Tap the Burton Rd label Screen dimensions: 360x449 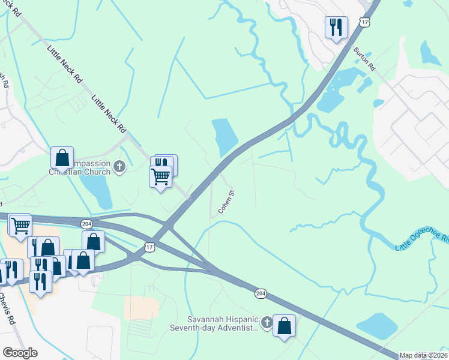pyautogui.click(x=364, y=58)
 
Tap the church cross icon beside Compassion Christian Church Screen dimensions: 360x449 pyautogui.click(x=119, y=166)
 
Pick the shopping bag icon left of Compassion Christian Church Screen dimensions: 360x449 pyautogui.click(x=62, y=158)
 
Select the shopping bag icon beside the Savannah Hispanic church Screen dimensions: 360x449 pyautogui.click(x=284, y=326)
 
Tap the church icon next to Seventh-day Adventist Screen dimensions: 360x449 pyautogui.click(x=265, y=324)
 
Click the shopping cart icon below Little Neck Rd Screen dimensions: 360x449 pyautogui.click(x=160, y=177)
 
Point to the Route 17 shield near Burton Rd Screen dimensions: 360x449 pyautogui.click(x=364, y=22)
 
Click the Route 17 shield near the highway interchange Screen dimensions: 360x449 pyautogui.click(x=149, y=247)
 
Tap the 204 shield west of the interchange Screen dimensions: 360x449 pyautogui.click(x=86, y=223)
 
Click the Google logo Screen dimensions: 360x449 pyautogui.click(x=20, y=352)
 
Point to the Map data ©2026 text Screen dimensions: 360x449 pyautogui.click(x=423, y=355)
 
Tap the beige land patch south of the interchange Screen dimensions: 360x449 pyautogui.click(x=141, y=307)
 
